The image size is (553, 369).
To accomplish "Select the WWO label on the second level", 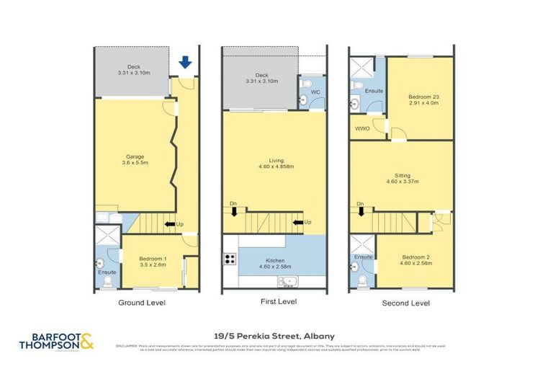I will click(x=361, y=129).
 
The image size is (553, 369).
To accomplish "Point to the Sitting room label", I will click(x=402, y=174).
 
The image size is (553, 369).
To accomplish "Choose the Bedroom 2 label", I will click(x=415, y=257).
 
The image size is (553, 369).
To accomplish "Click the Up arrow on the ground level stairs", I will click(x=171, y=224).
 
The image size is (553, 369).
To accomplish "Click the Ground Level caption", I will click(x=141, y=303).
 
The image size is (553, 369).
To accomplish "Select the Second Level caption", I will click(x=405, y=303).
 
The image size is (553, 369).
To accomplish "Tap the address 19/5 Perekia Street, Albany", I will click(x=274, y=335).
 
